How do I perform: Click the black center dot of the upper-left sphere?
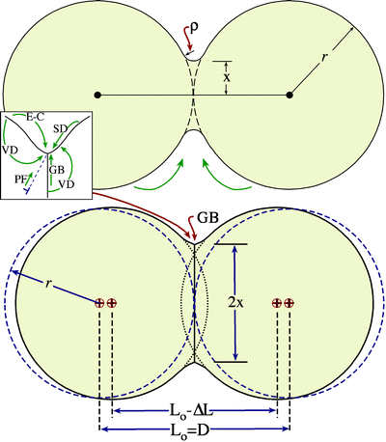coord(97,95)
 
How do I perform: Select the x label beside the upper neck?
coord(227,73)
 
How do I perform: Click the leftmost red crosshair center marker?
coord(99,303)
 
